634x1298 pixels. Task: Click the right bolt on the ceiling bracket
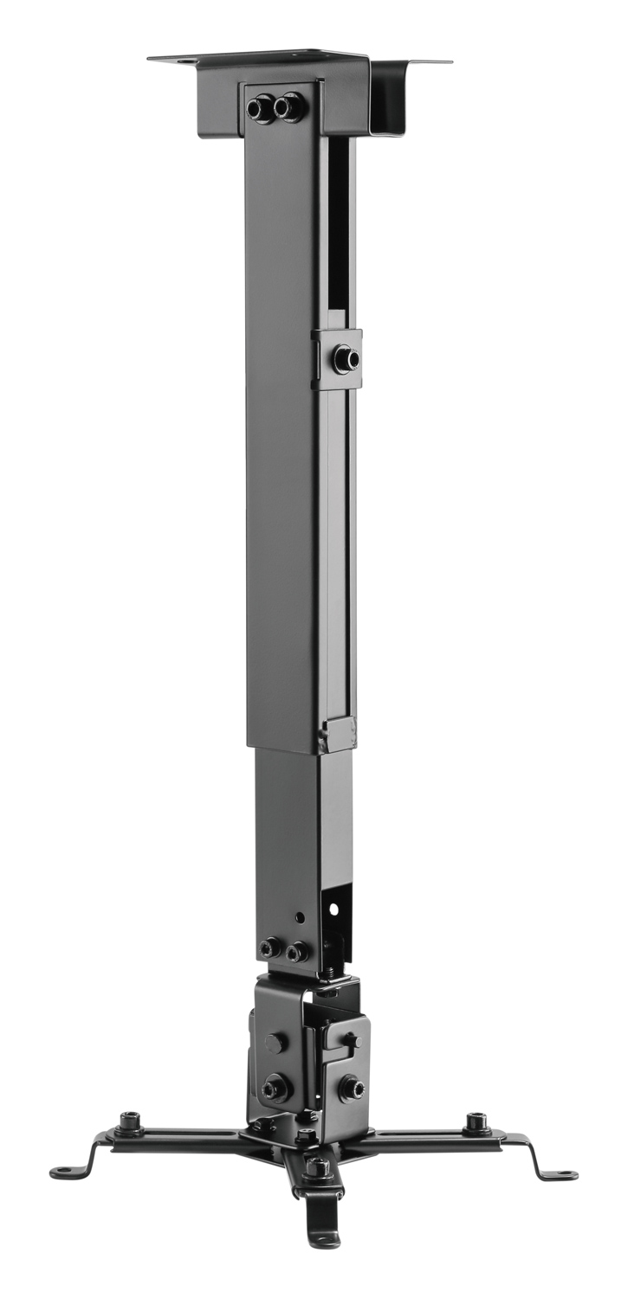[x=287, y=107]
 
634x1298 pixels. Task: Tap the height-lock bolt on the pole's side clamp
[x=346, y=358]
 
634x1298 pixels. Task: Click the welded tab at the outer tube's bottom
[x=337, y=736]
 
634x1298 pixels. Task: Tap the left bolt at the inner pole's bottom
[x=270, y=948]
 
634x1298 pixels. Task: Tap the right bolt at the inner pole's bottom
[x=297, y=951]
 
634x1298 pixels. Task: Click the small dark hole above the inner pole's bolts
[x=300, y=915]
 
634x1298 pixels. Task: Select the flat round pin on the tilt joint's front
[x=275, y=1043]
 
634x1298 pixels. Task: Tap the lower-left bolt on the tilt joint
[x=276, y=1087]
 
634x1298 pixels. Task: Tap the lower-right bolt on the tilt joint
[x=350, y=1087]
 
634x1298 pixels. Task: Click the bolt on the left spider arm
[x=130, y=1122]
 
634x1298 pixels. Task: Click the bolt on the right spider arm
[x=476, y=1123]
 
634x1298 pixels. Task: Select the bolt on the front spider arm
[x=317, y=1166]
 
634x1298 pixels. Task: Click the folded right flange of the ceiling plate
[x=398, y=95]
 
